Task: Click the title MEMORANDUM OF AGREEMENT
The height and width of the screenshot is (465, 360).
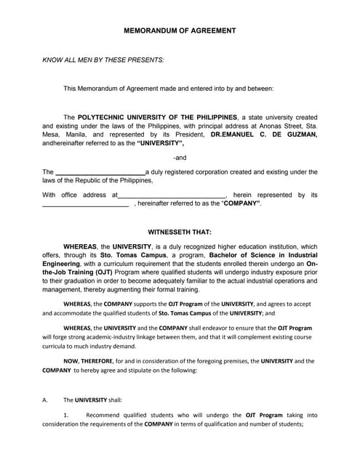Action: click(180, 31)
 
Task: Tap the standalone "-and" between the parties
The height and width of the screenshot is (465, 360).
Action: click(180, 158)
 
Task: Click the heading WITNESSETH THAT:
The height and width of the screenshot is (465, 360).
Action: click(180, 232)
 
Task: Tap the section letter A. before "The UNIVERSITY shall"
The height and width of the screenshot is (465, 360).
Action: click(45, 400)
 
